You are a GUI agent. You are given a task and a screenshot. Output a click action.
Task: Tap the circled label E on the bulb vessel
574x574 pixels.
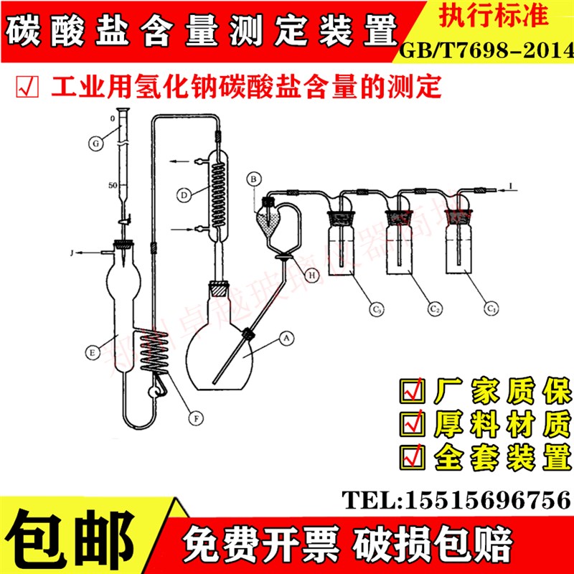coord(92,352)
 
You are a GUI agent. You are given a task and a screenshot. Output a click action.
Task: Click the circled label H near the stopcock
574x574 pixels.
coord(313,273)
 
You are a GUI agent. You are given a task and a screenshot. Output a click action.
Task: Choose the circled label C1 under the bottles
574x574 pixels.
coord(491,309)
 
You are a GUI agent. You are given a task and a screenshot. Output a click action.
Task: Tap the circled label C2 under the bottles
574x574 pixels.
coord(433,309)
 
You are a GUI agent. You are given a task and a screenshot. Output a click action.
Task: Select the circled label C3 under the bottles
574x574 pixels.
coord(376,309)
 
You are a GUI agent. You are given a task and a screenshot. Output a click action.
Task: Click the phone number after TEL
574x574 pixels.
coord(489,498)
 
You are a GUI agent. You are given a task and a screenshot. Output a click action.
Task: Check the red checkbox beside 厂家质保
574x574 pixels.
coord(413,392)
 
